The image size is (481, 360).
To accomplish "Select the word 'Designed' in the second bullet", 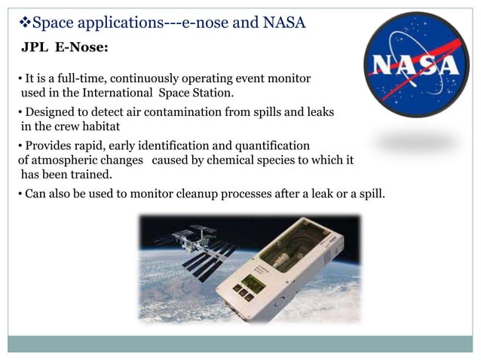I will point(49,112).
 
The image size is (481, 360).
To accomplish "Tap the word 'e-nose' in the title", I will point(208,23).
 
